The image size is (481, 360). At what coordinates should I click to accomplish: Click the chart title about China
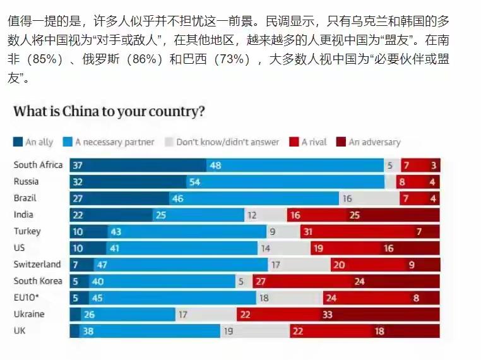pyautogui.click(x=109, y=112)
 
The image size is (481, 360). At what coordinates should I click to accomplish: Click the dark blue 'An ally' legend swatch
pyautogui.click(x=18, y=142)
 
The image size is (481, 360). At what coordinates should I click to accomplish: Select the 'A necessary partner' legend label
pyautogui.click(x=114, y=142)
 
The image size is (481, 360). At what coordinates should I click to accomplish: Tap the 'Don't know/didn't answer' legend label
pyautogui.click(x=227, y=142)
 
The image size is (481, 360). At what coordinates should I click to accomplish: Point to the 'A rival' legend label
pyautogui.click(x=314, y=142)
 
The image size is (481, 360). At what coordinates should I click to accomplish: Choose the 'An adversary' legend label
pyautogui.click(x=374, y=142)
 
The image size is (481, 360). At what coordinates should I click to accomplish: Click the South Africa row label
pyautogui.click(x=38, y=165)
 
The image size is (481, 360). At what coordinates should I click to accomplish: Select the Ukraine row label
pyautogui.click(x=28, y=314)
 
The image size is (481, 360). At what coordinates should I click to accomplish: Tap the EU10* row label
pyautogui.click(x=28, y=297)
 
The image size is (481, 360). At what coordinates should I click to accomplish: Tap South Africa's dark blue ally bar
pyautogui.click(x=138, y=165)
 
